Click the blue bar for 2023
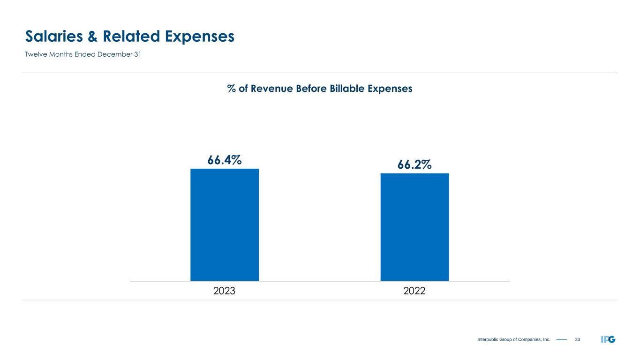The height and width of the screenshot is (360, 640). [224, 225]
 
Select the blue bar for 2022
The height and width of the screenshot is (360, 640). [414, 227]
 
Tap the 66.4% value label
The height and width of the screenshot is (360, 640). [225, 160]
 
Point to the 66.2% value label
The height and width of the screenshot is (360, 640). [414, 165]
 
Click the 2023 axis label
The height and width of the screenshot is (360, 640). [224, 291]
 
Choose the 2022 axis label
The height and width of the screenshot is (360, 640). [414, 291]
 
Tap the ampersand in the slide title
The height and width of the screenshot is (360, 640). [93, 36]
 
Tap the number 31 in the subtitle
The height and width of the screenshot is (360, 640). [137, 54]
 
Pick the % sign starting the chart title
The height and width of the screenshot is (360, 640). [231, 88]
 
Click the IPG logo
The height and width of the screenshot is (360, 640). [608, 339]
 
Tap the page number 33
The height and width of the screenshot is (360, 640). [578, 339]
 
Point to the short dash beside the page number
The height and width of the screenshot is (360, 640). [562, 339]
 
